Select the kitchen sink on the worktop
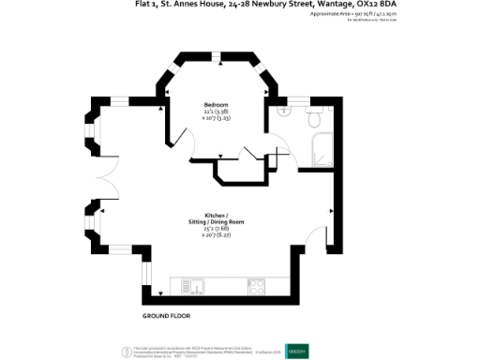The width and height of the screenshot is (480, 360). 192,285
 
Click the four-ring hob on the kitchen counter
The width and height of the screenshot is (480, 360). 257,285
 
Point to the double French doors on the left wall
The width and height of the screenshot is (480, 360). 105,179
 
